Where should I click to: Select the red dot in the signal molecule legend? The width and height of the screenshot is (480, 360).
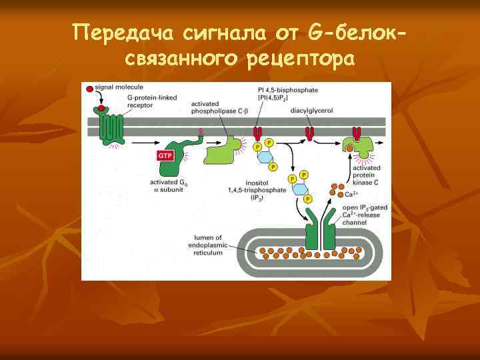click(87, 87)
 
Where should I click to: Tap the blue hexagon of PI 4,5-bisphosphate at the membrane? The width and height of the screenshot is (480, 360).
click(265, 157)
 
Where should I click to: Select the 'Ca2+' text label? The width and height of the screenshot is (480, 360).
click(351, 194)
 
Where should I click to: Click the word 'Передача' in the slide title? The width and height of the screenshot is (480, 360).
click(117, 32)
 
